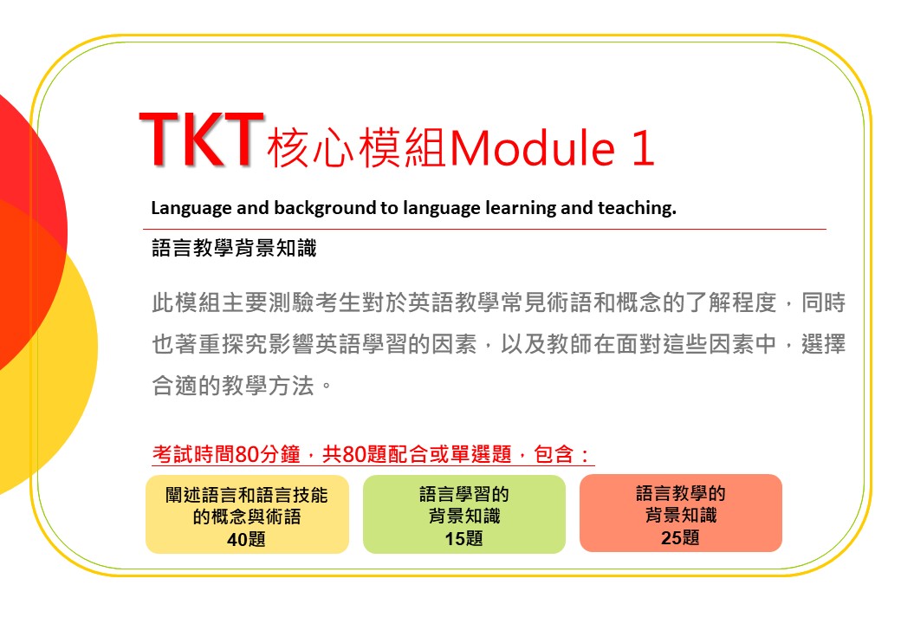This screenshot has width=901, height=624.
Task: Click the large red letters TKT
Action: (202, 140)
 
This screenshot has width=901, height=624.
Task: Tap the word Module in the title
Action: (533, 147)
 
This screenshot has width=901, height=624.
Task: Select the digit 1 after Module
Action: (643, 147)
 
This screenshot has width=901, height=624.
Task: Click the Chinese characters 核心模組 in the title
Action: (356, 147)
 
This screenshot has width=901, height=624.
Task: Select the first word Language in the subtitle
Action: (191, 208)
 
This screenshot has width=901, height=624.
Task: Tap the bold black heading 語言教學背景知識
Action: (234, 248)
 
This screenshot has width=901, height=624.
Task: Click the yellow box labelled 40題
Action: (247, 514)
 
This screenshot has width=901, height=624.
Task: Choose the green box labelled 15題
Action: (464, 514)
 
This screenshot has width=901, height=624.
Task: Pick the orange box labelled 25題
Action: (681, 513)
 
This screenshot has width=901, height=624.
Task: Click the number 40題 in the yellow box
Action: (247, 540)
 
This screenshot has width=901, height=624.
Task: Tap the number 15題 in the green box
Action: (463, 538)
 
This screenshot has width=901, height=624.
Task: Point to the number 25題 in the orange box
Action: (680, 538)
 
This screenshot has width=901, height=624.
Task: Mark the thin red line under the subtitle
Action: (484, 230)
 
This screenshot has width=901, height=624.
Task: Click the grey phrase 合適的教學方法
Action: (233, 386)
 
